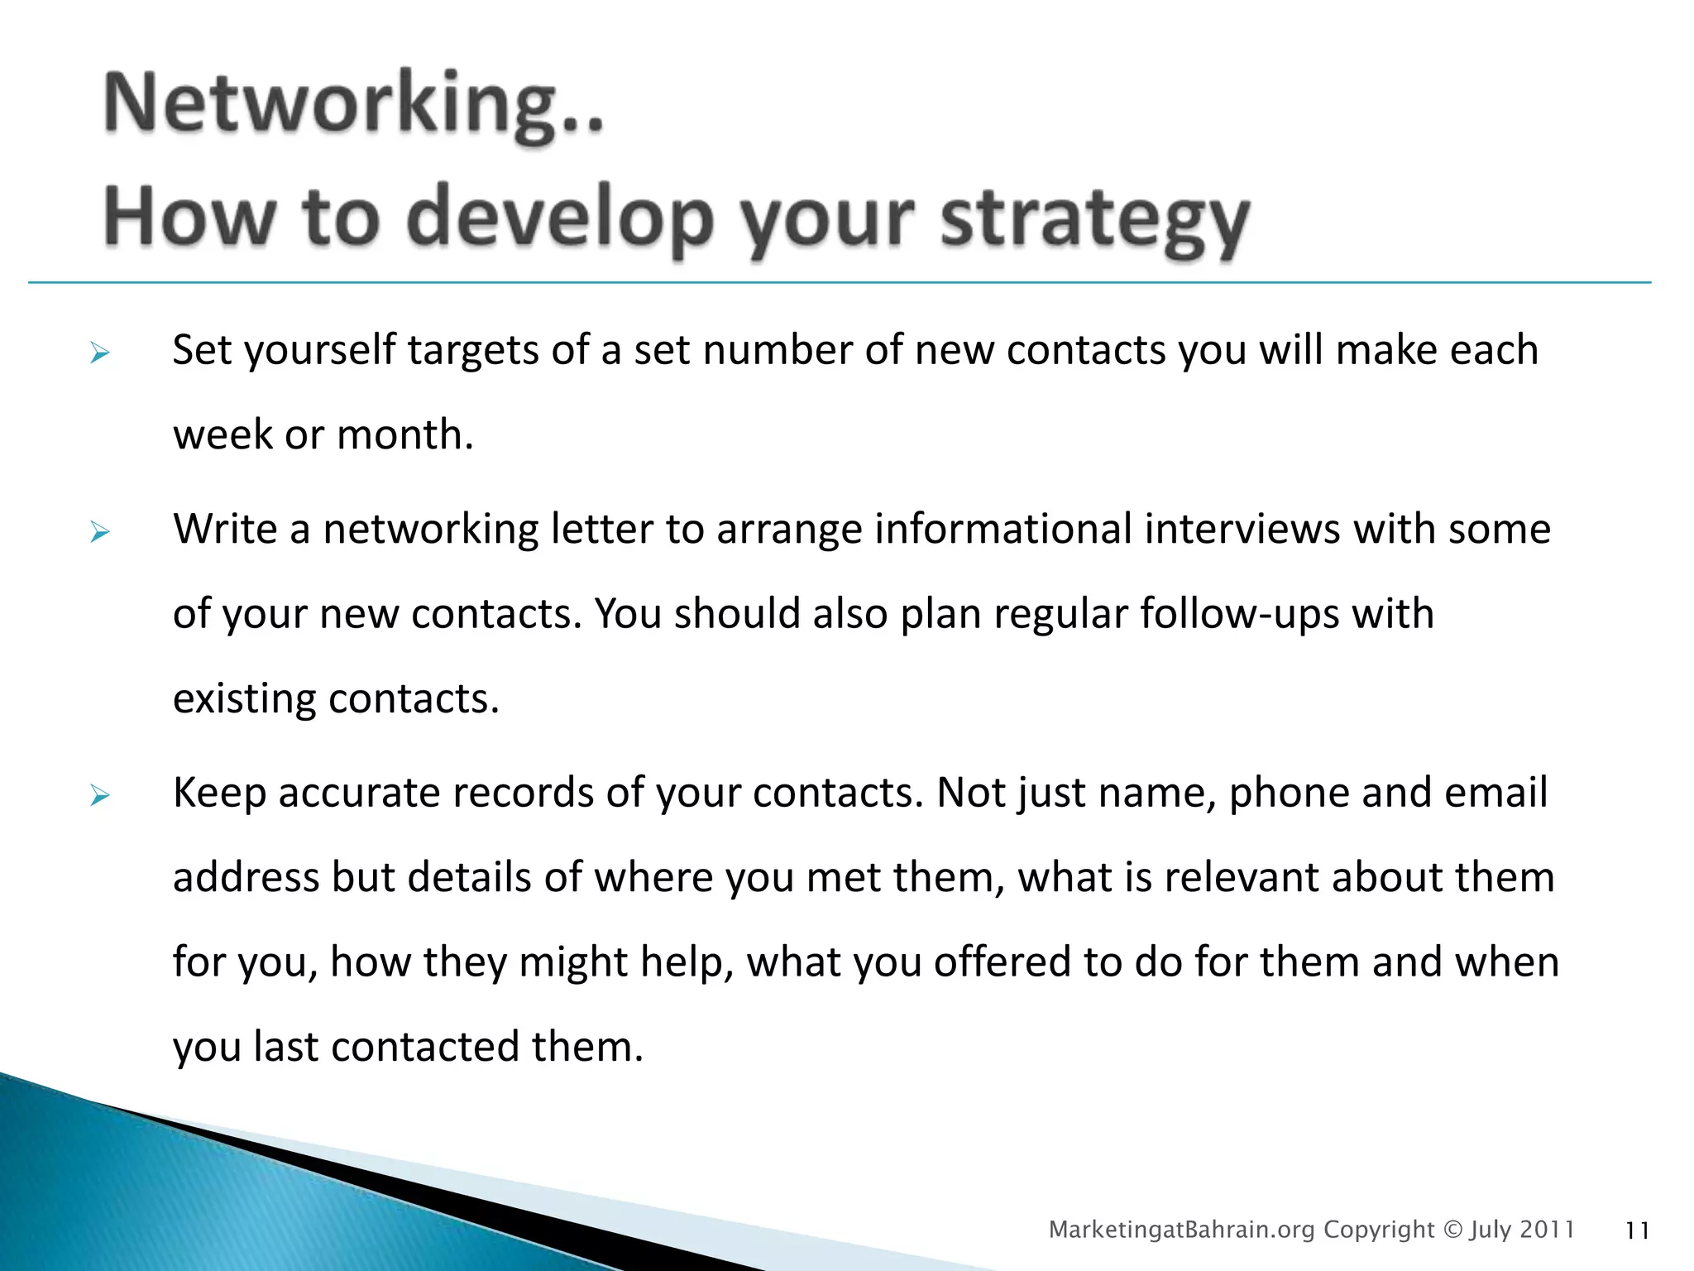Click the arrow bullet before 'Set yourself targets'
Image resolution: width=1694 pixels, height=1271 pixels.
tap(100, 354)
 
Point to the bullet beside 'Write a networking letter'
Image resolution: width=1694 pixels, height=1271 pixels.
tap(100, 532)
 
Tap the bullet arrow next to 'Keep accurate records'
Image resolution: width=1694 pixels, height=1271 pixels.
tap(100, 796)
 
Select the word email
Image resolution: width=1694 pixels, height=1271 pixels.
tap(1495, 794)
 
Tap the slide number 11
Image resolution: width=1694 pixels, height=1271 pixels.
tap(1637, 1231)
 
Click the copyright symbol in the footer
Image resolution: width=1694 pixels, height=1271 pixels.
tap(1452, 1230)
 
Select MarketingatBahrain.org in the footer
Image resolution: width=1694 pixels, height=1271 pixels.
tap(1181, 1230)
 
